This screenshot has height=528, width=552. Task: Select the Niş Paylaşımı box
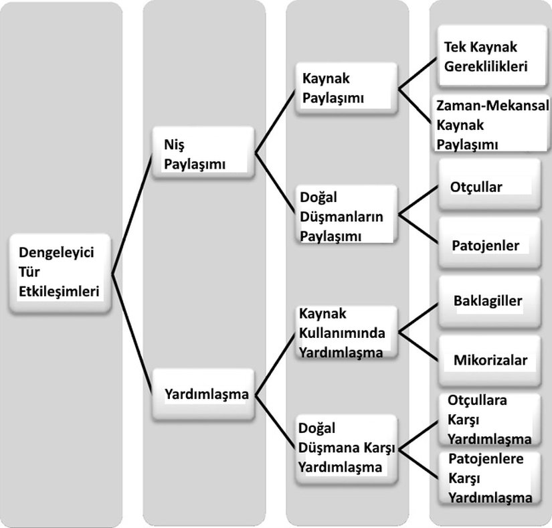click(x=203, y=154)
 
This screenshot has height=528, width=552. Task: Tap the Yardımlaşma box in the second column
click(x=206, y=394)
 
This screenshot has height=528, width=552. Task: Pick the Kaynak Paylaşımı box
click(x=347, y=88)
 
